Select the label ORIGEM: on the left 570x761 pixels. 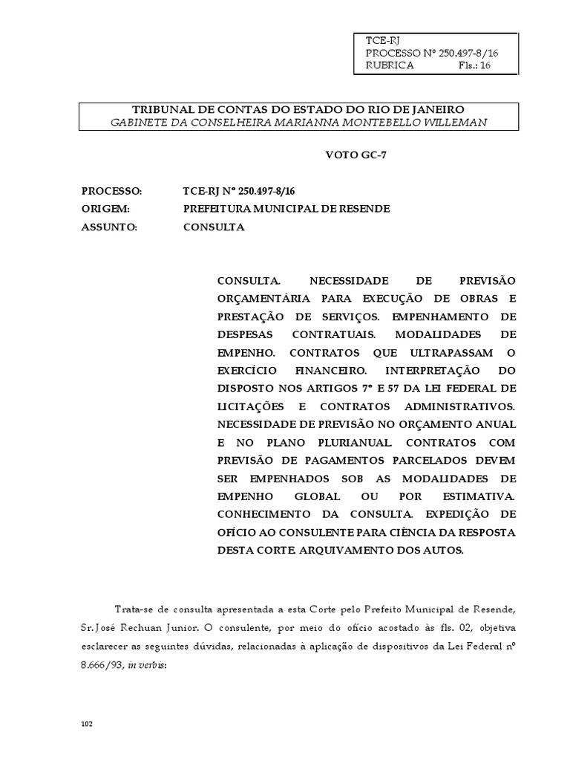click(x=106, y=209)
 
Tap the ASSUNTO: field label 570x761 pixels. click(x=110, y=227)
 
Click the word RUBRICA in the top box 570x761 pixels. click(x=390, y=65)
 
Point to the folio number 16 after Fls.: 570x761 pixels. click(x=485, y=65)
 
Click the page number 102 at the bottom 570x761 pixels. click(x=87, y=723)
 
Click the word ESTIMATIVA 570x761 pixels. click(x=479, y=495)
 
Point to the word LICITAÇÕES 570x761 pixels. click(x=251, y=406)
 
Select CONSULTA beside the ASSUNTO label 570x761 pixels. click(x=214, y=227)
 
